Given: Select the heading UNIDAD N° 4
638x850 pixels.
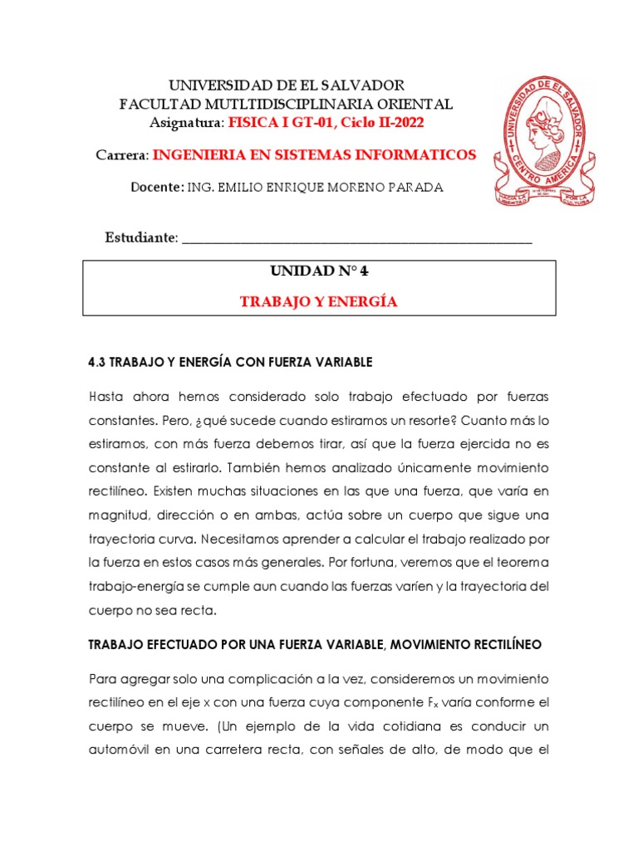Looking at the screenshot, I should pos(319,272).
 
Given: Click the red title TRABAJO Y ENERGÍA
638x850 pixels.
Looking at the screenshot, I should pos(319,302).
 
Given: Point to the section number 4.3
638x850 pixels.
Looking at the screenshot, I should pos(98,363).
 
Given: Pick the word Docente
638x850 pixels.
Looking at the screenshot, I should pos(156,188).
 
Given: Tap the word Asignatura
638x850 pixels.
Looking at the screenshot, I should pos(185,123).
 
